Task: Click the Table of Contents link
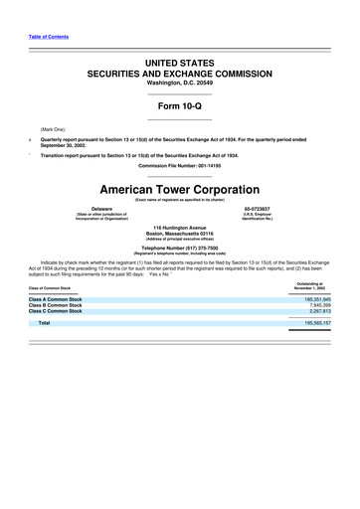click(x=47, y=37)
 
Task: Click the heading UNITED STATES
click(x=179, y=63)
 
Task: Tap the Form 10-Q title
click(x=179, y=106)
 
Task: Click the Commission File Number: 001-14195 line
click(x=179, y=165)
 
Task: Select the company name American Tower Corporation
click(x=179, y=189)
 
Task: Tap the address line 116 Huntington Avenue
click(x=179, y=227)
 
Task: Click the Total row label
click(x=44, y=323)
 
